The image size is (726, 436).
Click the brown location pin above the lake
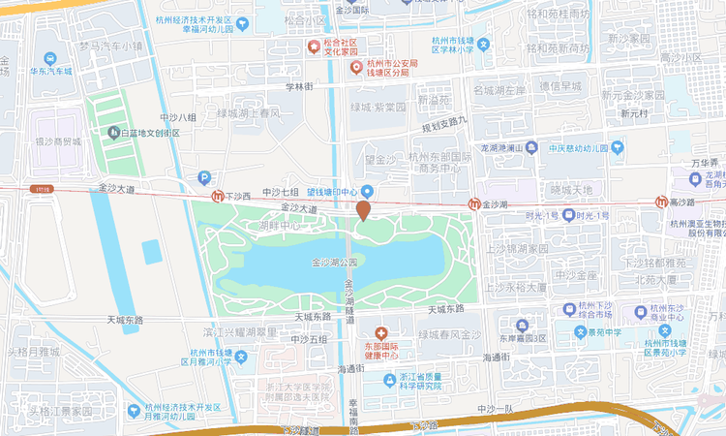pos(363,210)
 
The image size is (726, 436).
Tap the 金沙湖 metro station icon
pos(474,204)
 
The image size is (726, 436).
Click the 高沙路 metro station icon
pos(661,202)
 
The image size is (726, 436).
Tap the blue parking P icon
pos(203,177)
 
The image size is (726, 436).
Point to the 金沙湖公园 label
pos(335,263)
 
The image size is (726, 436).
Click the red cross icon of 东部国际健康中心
pos(380,331)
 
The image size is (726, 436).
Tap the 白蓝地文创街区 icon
pos(115,133)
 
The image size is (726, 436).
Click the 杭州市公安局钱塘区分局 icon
pos(356,68)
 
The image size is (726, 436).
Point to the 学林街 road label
pos(298,87)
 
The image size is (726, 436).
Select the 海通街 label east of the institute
pos(496,358)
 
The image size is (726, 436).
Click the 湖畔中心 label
pos(280,225)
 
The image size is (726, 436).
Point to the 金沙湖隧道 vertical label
pos(349,301)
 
